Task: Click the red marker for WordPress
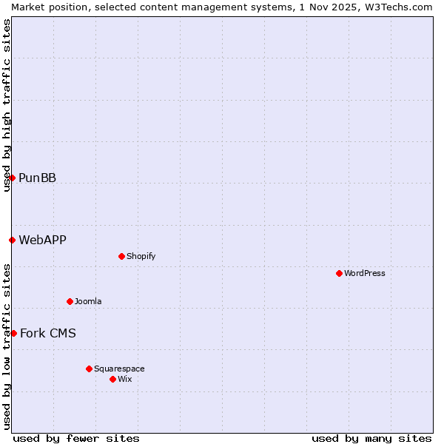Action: [x=339, y=273]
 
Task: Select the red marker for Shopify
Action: [x=121, y=256]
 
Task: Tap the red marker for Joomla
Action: [x=70, y=301]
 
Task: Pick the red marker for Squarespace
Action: [x=89, y=369]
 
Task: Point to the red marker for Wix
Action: [x=112, y=379]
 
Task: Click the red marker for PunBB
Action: [x=12, y=178]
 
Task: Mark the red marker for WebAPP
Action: [x=12, y=240]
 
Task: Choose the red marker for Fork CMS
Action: [x=13, y=333]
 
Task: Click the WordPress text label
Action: [x=365, y=273]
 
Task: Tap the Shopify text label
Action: [x=141, y=256]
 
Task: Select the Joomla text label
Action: [x=88, y=301]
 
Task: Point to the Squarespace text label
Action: [x=119, y=369]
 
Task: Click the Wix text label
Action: [x=124, y=379]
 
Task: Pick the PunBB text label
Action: [x=37, y=178]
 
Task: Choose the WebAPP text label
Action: [x=42, y=240]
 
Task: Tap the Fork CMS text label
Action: [x=47, y=333]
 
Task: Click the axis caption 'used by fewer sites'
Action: [x=76, y=438]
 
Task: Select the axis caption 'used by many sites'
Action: [x=371, y=438]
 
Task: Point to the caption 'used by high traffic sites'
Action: [x=7, y=105]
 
